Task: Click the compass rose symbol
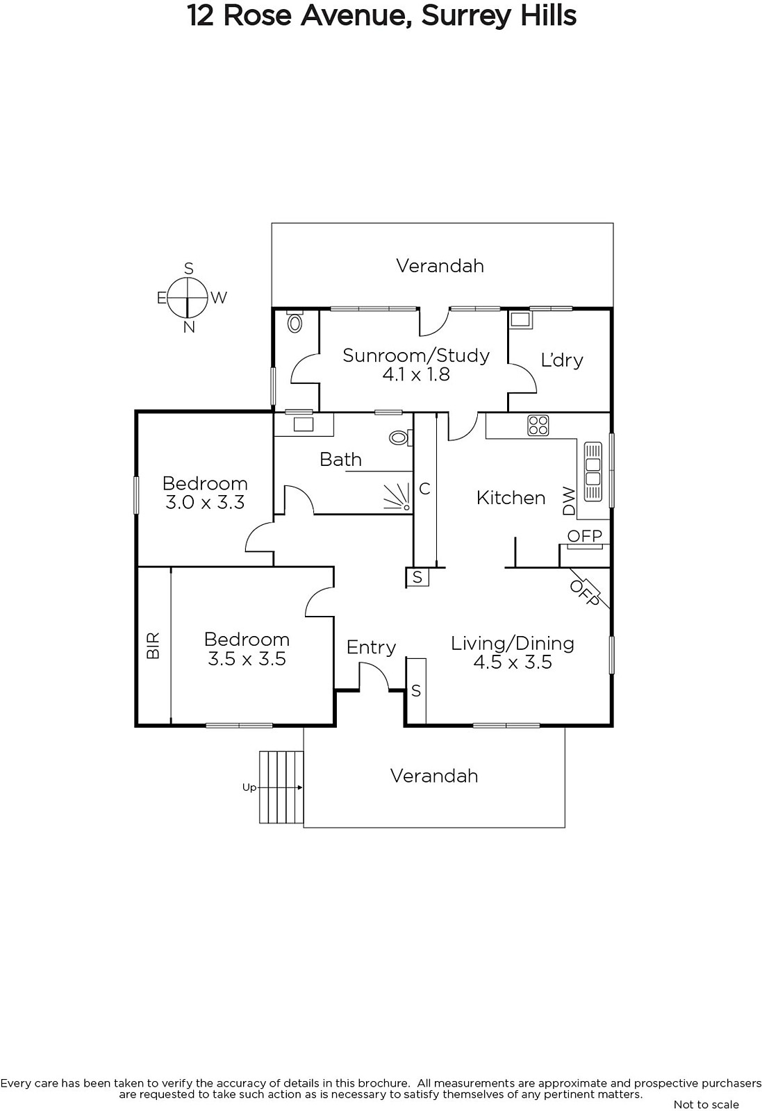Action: [x=187, y=298]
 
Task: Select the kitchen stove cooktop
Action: [x=538, y=425]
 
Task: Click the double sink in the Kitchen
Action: [x=593, y=471]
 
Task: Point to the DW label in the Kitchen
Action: [x=569, y=501]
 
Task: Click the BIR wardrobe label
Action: [x=154, y=645]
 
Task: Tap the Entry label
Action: [x=371, y=647]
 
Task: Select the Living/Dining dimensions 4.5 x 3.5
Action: [x=513, y=662]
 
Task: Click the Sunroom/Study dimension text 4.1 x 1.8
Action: [x=415, y=374]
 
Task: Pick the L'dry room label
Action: [x=561, y=360]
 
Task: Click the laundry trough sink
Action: [x=520, y=320]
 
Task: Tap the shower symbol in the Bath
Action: [x=398, y=497]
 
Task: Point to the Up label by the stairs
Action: [x=249, y=787]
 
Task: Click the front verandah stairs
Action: [x=281, y=787]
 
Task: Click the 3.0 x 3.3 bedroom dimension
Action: [x=205, y=503]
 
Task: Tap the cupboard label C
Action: [x=424, y=489]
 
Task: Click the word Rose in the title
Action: [x=257, y=16]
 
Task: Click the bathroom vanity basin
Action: [x=303, y=424]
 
